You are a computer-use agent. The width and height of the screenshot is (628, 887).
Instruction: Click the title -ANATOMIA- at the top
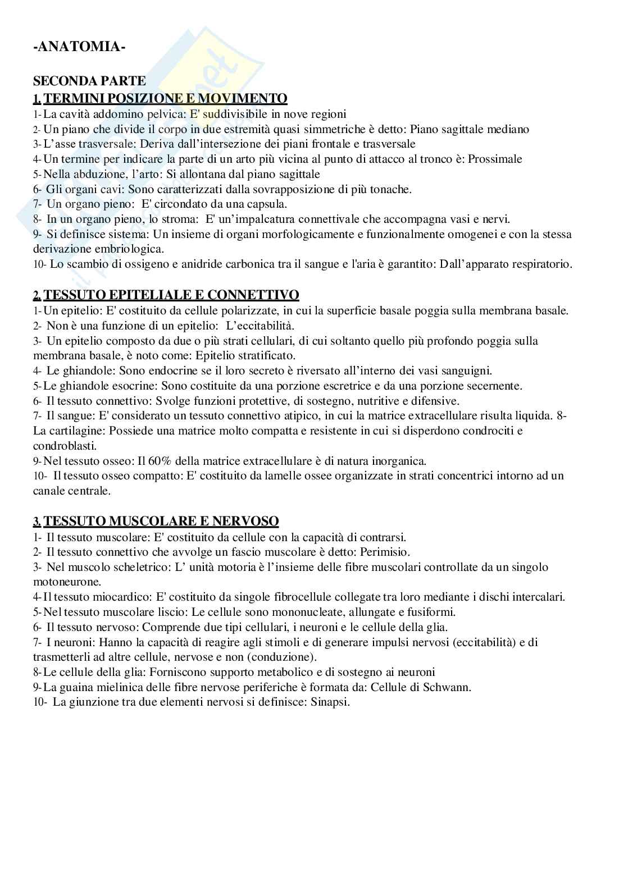point(79,47)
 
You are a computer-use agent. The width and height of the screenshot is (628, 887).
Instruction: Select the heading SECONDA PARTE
point(89,81)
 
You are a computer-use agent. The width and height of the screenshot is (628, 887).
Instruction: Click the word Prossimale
point(495,159)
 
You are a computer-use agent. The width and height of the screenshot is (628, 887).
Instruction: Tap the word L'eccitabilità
point(260,326)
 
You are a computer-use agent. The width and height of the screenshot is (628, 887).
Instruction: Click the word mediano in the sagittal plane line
point(508,129)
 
